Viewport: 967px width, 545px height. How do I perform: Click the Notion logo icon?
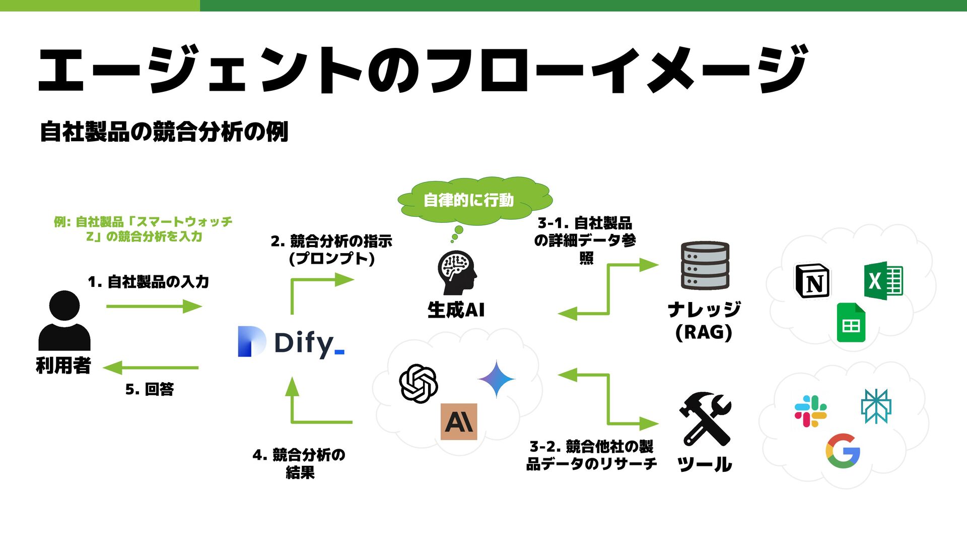812,281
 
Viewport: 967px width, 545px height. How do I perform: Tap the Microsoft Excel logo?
883,281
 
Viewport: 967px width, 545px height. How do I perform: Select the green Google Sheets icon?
851,323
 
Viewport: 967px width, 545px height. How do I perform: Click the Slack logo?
810,411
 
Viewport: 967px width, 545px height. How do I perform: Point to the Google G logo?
843,451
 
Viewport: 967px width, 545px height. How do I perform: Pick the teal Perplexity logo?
876,406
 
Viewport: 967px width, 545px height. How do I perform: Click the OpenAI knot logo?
418,384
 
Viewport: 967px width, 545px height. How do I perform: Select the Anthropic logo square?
459,421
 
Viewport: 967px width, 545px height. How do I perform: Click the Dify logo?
291,342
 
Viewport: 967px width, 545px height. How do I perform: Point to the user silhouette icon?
64,321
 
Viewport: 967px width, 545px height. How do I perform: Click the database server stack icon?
705,266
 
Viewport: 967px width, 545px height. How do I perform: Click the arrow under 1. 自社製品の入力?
154,306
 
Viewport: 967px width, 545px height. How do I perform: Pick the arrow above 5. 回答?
151,368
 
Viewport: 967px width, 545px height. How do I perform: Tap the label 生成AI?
456,310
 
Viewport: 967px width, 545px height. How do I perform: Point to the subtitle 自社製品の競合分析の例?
164,132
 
